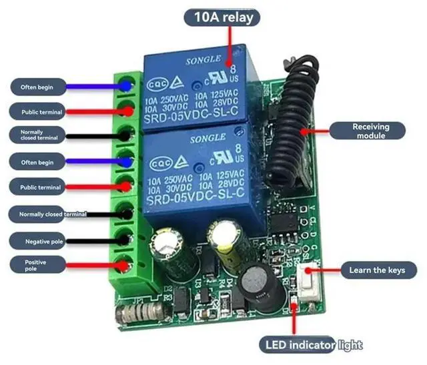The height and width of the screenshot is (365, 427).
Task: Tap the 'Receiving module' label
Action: click(x=371, y=131)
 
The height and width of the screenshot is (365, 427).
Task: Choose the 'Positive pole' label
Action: click(x=36, y=266)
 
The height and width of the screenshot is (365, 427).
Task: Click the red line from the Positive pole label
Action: click(x=93, y=266)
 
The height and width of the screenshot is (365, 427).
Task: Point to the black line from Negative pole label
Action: click(x=93, y=241)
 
